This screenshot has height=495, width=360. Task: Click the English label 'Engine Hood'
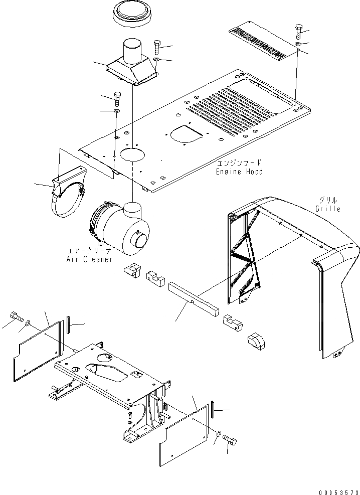click(x=239, y=172)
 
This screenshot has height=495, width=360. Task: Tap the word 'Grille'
click(x=328, y=209)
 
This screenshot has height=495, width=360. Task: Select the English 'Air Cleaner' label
click(x=90, y=259)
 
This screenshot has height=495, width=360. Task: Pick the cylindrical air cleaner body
click(x=118, y=228)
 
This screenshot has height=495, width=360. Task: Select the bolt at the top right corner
click(x=299, y=32)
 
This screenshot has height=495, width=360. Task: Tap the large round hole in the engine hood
click(x=130, y=154)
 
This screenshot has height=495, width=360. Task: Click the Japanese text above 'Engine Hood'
click(x=240, y=163)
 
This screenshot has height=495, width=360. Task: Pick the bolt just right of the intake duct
click(x=157, y=47)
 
